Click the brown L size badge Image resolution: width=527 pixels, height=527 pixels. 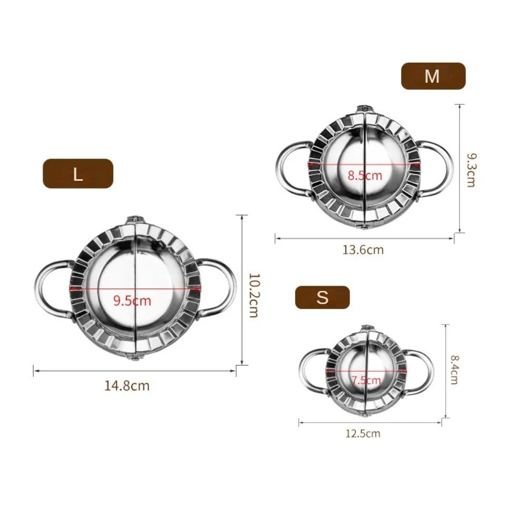tap(78, 173)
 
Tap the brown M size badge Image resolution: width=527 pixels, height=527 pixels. tap(433, 76)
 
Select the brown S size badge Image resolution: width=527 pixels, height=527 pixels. tap(322, 297)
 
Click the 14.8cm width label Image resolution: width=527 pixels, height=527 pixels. tap(127, 386)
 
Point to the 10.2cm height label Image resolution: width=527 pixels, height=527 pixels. tap(253, 295)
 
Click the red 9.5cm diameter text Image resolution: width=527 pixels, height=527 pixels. tap(132, 301)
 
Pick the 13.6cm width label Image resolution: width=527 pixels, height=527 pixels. tap(363, 250)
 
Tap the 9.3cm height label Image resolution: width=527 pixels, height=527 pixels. tap(471, 170)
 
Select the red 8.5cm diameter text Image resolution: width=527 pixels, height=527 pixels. tap(364, 175)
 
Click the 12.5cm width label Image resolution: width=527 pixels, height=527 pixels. tap(363, 434)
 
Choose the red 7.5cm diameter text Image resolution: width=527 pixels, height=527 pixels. tap(366, 380)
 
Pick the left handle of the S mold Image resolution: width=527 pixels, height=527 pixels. tap(307, 372)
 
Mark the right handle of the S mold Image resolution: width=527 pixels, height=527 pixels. tap(425, 372)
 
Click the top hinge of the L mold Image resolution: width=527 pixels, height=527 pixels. tap(135, 220)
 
